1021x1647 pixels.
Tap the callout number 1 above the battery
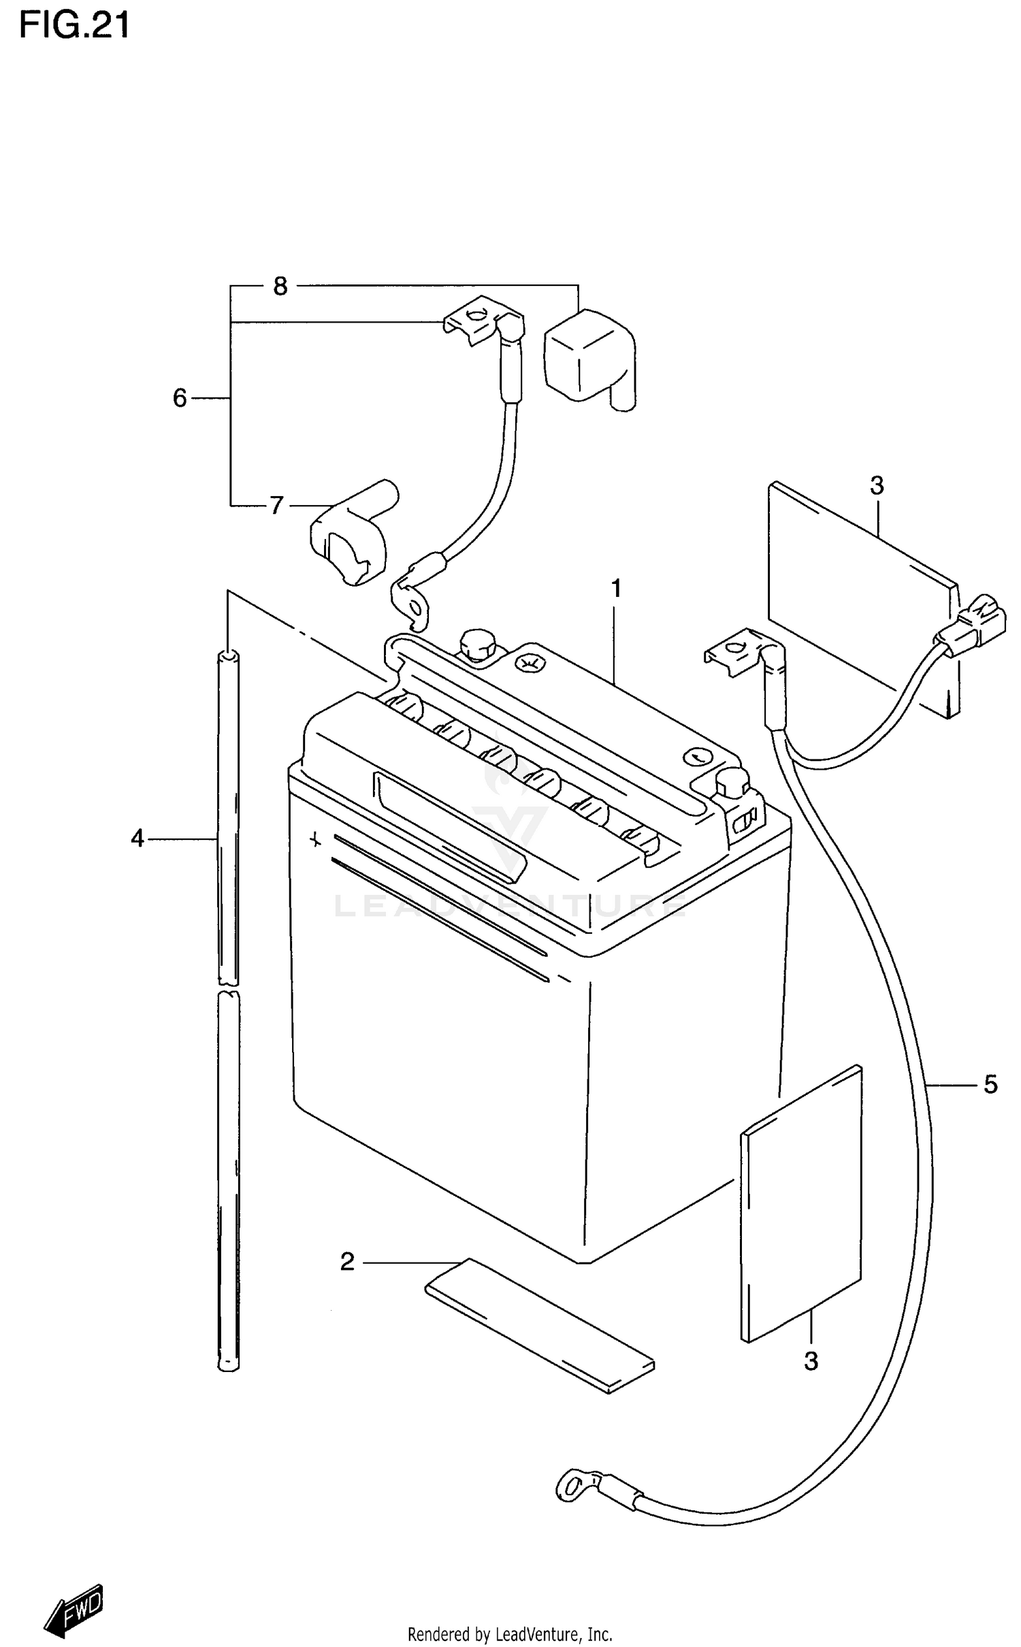pos(616,589)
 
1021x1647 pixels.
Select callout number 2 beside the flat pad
pos(347,1262)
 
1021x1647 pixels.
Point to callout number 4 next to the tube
pos(137,839)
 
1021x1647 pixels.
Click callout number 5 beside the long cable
pos(990,1085)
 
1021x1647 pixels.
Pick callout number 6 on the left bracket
pos(180,398)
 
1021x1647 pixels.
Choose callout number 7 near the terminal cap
pos(276,506)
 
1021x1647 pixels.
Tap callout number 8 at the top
pos(280,287)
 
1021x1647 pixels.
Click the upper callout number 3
pos(877,486)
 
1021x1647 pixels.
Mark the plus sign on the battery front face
pos(315,840)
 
